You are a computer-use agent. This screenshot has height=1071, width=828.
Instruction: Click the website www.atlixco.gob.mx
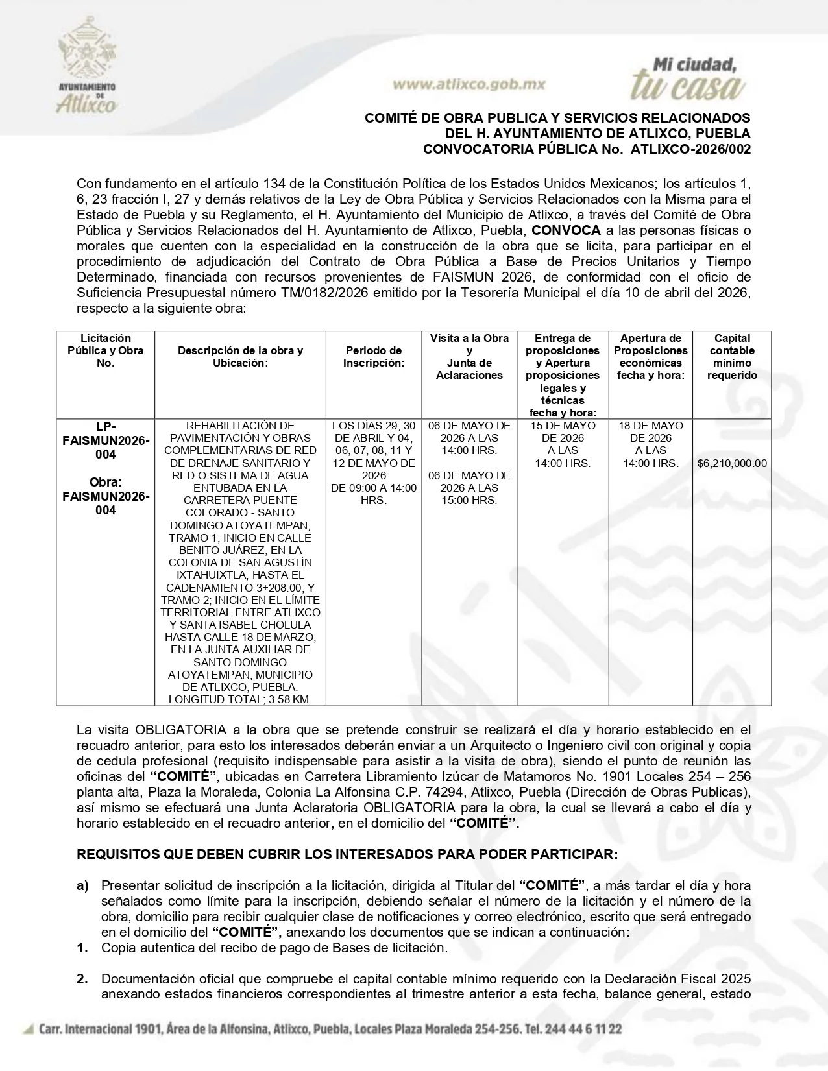(469, 84)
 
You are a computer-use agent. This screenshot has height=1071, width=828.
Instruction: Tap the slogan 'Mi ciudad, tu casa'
(688, 79)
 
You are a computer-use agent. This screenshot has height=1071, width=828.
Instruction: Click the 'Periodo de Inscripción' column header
(373, 357)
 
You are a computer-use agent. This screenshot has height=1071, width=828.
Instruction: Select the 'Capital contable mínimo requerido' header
(731, 357)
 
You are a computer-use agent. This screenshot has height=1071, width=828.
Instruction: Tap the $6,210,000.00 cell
(731, 463)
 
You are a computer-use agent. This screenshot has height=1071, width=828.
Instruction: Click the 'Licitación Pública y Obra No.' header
(105, 350)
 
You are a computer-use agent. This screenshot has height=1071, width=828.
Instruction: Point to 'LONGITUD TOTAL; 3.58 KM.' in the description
(240, 699)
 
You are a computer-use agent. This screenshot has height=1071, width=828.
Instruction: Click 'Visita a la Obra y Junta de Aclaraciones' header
(469, 357)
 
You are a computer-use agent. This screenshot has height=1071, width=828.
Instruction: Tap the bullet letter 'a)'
(83, 885)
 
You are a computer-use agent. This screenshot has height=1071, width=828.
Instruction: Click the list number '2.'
(82, 979)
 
